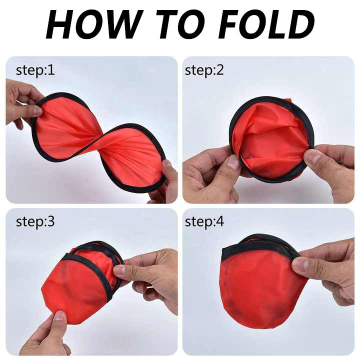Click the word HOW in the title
93,24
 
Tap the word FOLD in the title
266,24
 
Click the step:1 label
35,70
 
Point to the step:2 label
204,70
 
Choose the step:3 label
35,222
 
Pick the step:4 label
204,222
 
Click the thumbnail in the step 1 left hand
36,111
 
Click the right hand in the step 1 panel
163,181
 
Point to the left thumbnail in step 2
233,162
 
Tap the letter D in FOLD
300,24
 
